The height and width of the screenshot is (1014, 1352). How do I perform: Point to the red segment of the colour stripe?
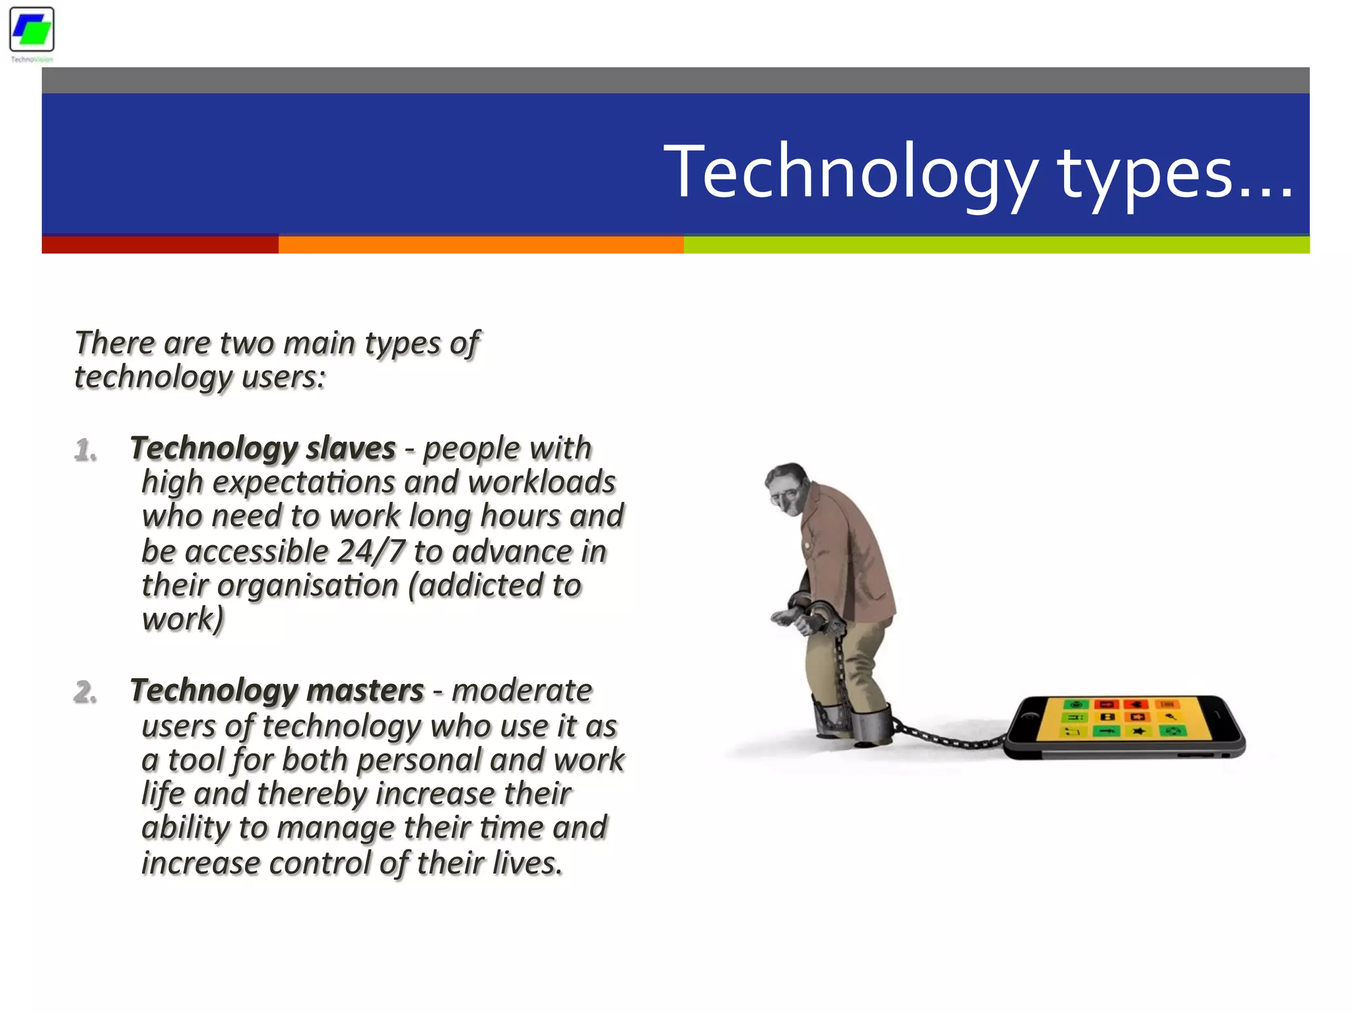160,244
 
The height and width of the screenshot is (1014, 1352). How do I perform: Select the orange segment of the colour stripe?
481,244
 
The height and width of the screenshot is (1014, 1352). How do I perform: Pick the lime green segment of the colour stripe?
996,244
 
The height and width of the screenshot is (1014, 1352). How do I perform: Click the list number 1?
85,450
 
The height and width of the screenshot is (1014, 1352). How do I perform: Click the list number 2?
85,692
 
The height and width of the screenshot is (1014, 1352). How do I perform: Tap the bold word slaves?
351,449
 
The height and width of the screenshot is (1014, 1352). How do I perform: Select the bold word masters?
365,691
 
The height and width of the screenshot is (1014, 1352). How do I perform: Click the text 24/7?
370,552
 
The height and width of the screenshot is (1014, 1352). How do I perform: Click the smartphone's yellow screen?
1122,727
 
